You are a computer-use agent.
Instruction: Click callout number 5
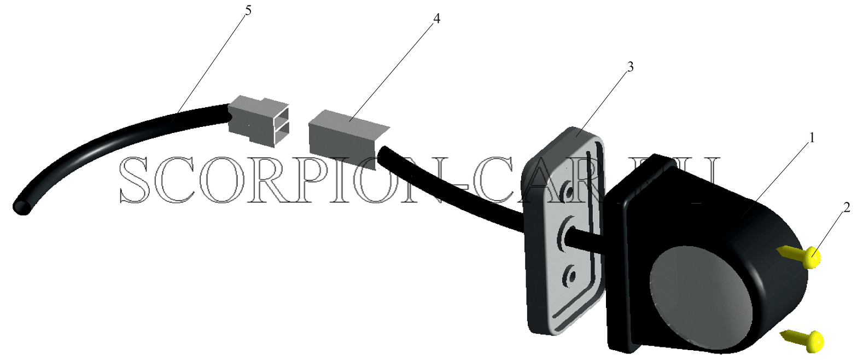tap(248, 10)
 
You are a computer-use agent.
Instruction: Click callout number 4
tap(436, 19)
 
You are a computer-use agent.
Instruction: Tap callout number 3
tap(631, 67)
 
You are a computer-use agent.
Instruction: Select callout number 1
tap(812, 138)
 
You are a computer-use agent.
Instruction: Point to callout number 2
tap(847, 207)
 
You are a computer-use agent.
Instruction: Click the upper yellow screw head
tap(812, 258)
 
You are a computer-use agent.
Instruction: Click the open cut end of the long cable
tap(22, 207)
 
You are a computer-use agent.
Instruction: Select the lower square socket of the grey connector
tap(282, 135)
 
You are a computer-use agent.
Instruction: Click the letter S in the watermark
tap(135, 179)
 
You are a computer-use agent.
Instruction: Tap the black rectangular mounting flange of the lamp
tap(624, 270)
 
